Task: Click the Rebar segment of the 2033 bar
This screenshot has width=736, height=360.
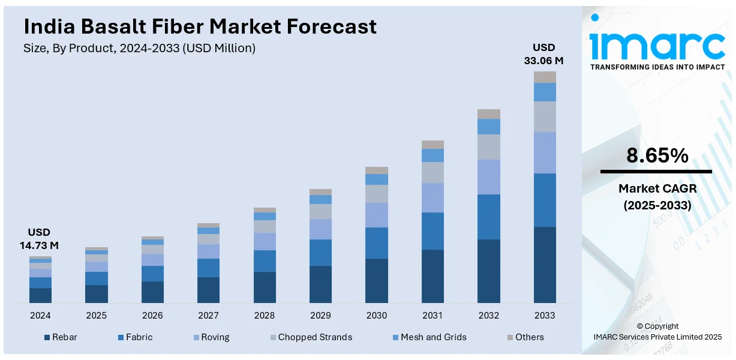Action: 545,265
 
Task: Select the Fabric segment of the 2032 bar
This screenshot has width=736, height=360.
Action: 488,217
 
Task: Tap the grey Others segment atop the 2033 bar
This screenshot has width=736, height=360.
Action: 545,77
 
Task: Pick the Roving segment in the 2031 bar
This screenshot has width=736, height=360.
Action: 432,197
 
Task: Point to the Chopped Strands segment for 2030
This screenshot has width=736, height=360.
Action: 376,193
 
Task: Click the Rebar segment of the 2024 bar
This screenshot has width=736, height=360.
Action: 40,295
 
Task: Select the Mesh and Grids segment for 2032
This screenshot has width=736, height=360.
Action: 488,126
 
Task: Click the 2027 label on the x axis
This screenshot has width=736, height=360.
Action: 208,316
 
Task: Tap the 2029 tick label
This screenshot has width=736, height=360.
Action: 320,316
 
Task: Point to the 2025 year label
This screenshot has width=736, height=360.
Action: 96,316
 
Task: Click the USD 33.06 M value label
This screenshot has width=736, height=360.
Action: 544,54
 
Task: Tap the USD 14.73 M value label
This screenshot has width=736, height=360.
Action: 39,239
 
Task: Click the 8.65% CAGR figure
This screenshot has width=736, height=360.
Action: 657,156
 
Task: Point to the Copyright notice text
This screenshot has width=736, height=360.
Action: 657,332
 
